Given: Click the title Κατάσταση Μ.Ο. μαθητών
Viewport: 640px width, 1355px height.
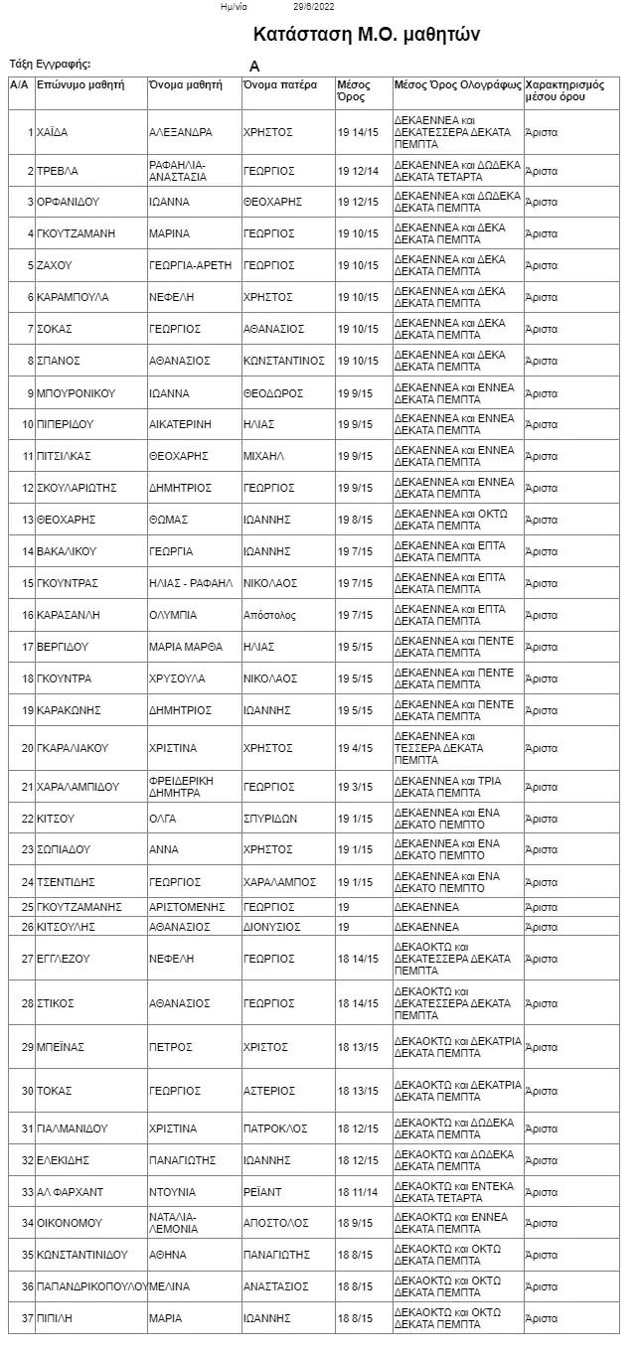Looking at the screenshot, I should click(x=367, y=35).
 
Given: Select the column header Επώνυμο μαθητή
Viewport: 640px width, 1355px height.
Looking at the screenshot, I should click(x=80, y=85).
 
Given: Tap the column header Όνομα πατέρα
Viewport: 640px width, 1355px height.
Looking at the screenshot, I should click(x=279, y=85).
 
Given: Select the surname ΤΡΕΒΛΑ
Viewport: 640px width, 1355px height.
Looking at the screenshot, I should click(x=57, y=171).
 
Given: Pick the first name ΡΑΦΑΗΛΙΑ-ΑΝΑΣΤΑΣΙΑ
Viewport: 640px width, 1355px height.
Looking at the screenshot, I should click(x=178, y=171).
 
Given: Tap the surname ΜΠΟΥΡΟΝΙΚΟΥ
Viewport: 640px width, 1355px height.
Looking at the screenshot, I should click(x=77, y=392).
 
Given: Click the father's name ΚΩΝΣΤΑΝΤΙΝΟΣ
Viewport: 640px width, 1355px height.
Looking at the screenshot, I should click(x=284, y=361).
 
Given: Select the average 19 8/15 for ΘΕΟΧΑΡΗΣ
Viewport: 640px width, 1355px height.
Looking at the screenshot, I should click(x=356, y=520).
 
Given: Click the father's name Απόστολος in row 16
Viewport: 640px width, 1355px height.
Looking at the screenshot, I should click(x=269, y=615).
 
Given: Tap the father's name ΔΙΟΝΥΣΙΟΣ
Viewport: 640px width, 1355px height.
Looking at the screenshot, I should click(x=271, y=927).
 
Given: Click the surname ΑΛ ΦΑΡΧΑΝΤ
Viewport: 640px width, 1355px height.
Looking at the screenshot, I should click(x=70, y=1192).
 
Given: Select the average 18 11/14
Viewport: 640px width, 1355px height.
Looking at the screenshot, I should click(x=358, y=1192).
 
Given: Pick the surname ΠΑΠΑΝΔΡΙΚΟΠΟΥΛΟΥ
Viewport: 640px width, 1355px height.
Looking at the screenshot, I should click(x=91, y=1286).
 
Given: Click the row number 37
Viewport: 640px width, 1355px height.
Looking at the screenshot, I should click(x=28, y=1318).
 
